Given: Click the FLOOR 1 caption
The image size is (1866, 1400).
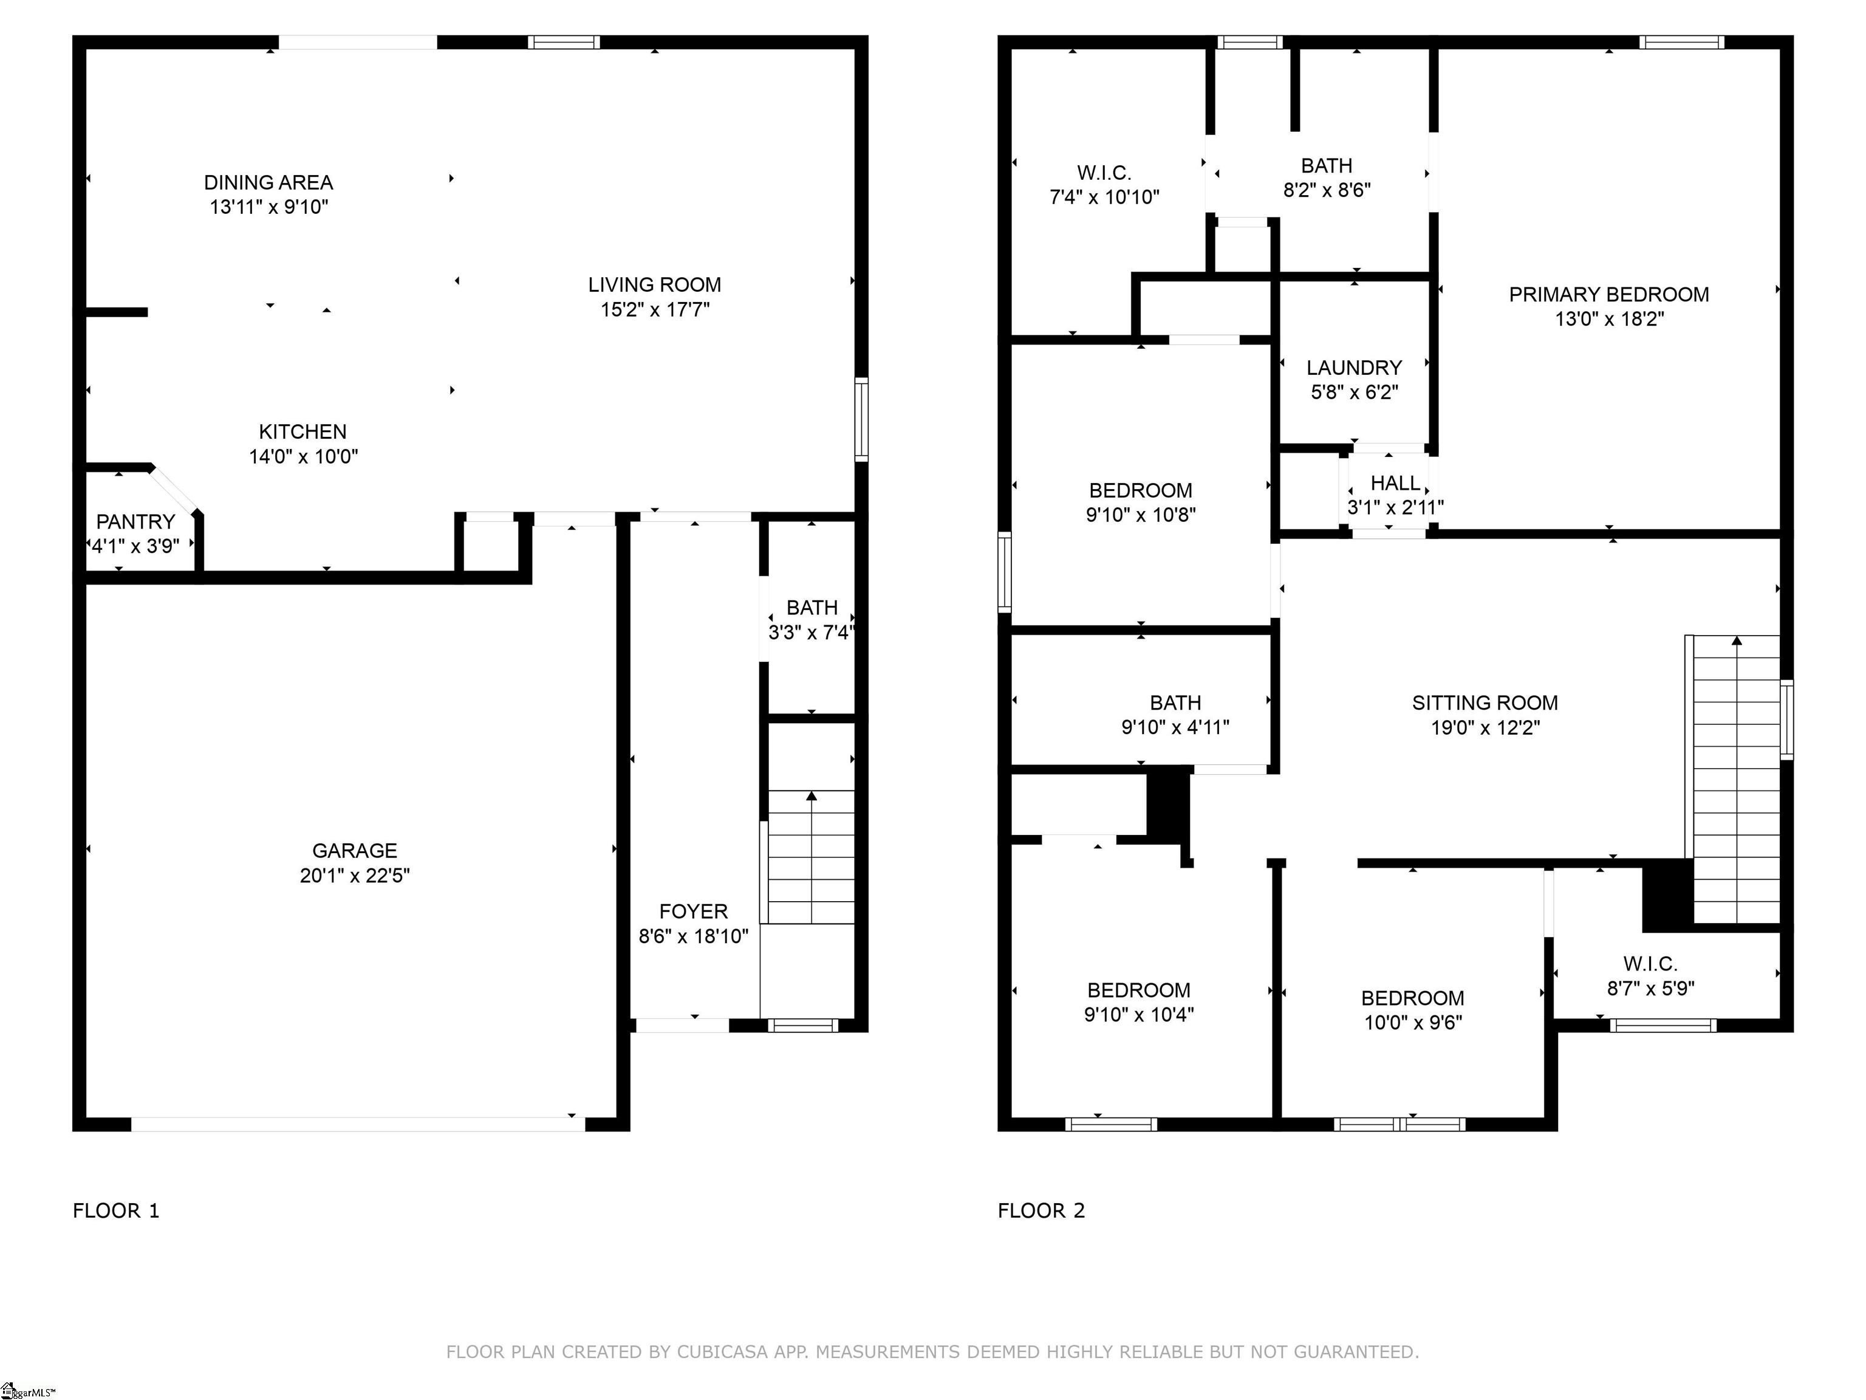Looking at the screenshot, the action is (x=115, y=1211).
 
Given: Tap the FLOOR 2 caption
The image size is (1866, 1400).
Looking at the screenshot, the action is (x=1041, y=1211).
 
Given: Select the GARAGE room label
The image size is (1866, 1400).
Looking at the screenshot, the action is (x=354, y=851).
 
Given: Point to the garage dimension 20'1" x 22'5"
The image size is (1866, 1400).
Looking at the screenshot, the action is (x=354, y=876).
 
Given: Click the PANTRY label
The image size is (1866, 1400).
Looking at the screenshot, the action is (x=135, y=521).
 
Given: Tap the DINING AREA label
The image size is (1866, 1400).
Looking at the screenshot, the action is (x=268, y=182).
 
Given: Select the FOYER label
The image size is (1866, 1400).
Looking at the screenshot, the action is (x=694, y=911).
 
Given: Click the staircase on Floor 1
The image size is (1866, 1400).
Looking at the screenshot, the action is (x=811, y=857).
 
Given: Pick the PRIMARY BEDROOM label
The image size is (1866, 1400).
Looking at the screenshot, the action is (x=1608, y=295).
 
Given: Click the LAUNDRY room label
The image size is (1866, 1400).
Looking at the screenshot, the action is (x=1354, y=368).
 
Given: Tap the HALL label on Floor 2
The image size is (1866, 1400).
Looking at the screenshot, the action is (x=1395, y=482).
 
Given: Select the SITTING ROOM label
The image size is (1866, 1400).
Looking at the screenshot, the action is (x=1485, y=703).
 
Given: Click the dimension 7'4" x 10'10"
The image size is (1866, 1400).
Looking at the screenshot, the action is (x=1104, y=197).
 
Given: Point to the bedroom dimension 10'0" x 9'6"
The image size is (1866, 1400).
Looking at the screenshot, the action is (x=1413, y=1023).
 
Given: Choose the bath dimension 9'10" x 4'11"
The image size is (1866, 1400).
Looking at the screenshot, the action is (x=1175, y=727).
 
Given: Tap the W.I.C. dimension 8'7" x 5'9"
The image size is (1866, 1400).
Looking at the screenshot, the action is (x=1650, y=988).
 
